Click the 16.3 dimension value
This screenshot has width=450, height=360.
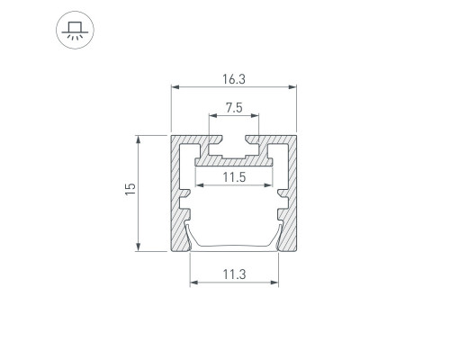234,79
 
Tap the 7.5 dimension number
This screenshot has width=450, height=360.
234,108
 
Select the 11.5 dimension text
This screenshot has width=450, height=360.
234,177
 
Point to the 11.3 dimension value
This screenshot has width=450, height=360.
234,274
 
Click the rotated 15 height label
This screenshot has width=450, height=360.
130,189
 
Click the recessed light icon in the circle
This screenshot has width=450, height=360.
75,30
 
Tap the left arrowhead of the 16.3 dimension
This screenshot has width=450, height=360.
175,87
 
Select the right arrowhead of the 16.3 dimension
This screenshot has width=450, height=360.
292,87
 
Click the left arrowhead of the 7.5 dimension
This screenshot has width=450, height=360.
213,115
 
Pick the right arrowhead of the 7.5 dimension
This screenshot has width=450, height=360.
255,115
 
